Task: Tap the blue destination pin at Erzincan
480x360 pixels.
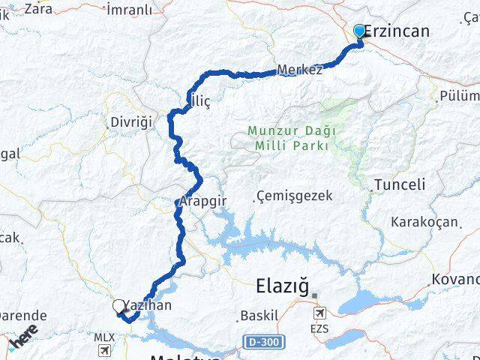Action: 359,31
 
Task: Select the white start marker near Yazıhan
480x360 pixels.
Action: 119,306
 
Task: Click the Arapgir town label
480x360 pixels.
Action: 202,202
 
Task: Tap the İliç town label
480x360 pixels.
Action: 196,100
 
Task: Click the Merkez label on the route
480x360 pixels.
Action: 299,70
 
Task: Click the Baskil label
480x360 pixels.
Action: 259,315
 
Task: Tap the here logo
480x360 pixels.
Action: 23,338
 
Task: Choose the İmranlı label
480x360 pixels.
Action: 129,9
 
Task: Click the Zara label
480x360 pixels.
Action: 38,9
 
